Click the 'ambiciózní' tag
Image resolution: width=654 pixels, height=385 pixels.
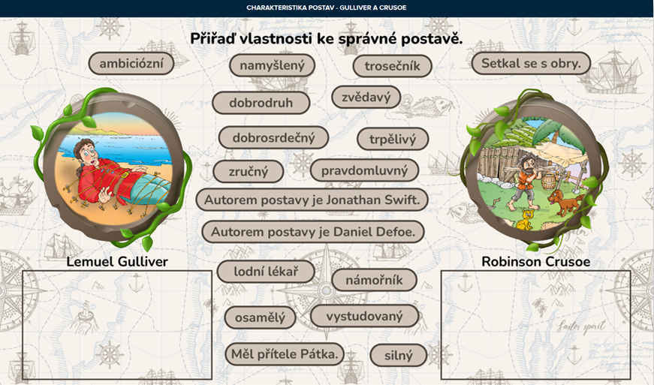tap(131, 64)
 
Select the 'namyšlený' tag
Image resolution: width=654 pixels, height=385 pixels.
tap(272, 65)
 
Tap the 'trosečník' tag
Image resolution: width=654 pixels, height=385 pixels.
tap(392, 66)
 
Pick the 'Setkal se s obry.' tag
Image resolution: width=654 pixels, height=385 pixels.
tap(531, 63)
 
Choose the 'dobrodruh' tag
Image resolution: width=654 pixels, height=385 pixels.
tap(261, 103)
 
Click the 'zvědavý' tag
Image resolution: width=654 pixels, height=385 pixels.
tap(366, 97)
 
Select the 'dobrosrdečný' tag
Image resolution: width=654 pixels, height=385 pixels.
tap(273, 137)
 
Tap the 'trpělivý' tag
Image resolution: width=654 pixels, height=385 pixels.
tap(393, 139)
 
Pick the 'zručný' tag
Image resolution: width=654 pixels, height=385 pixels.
tap(249, 171)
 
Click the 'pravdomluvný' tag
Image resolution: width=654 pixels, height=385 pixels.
tap(364, 170)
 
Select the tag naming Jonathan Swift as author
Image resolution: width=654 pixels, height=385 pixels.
tap(312, 200)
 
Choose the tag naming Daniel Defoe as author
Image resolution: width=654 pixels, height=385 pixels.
tap(313, 232)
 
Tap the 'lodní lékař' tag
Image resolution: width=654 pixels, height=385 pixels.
tap(266, 272)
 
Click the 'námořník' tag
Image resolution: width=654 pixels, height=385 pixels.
tap(374, 280)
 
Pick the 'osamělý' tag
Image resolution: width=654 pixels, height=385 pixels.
tap(261, 317)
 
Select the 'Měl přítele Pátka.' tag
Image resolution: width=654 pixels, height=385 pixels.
tap(285, 354)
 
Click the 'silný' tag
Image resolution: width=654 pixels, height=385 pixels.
tap(398, 356)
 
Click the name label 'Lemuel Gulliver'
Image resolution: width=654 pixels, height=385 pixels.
tap(117, 262)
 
